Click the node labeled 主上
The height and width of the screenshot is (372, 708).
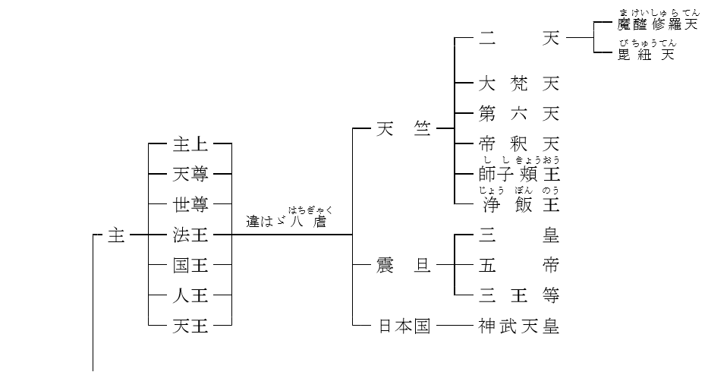[x=190, y=143]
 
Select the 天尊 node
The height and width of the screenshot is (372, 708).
[x=190, y=174]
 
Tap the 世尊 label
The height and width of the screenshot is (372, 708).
[x=190, y=204]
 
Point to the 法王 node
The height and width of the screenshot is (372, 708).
[x=190, y=235]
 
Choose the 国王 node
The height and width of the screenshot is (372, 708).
[x=190, y=266]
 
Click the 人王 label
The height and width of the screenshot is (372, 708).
[x=190, y=296]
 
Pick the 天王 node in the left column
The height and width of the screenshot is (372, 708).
[x=190, y=326]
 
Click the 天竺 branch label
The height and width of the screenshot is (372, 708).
[x=403, y=129]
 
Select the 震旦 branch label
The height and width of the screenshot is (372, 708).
[x=403, y=266]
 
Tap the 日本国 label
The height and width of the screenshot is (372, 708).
[x=404, y=326]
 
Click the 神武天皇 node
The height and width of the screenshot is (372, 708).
[x=519, y=326]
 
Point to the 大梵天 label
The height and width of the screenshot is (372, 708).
[x=519, y=83]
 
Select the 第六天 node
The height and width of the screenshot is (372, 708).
[x=519, y=114]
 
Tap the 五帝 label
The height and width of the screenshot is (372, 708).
[x=519, y=266]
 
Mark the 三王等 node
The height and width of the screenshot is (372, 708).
[x=519, y=295]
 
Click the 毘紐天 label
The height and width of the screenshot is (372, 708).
[x=646, y=55]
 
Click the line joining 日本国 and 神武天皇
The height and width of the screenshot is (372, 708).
[x=454, y=326]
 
